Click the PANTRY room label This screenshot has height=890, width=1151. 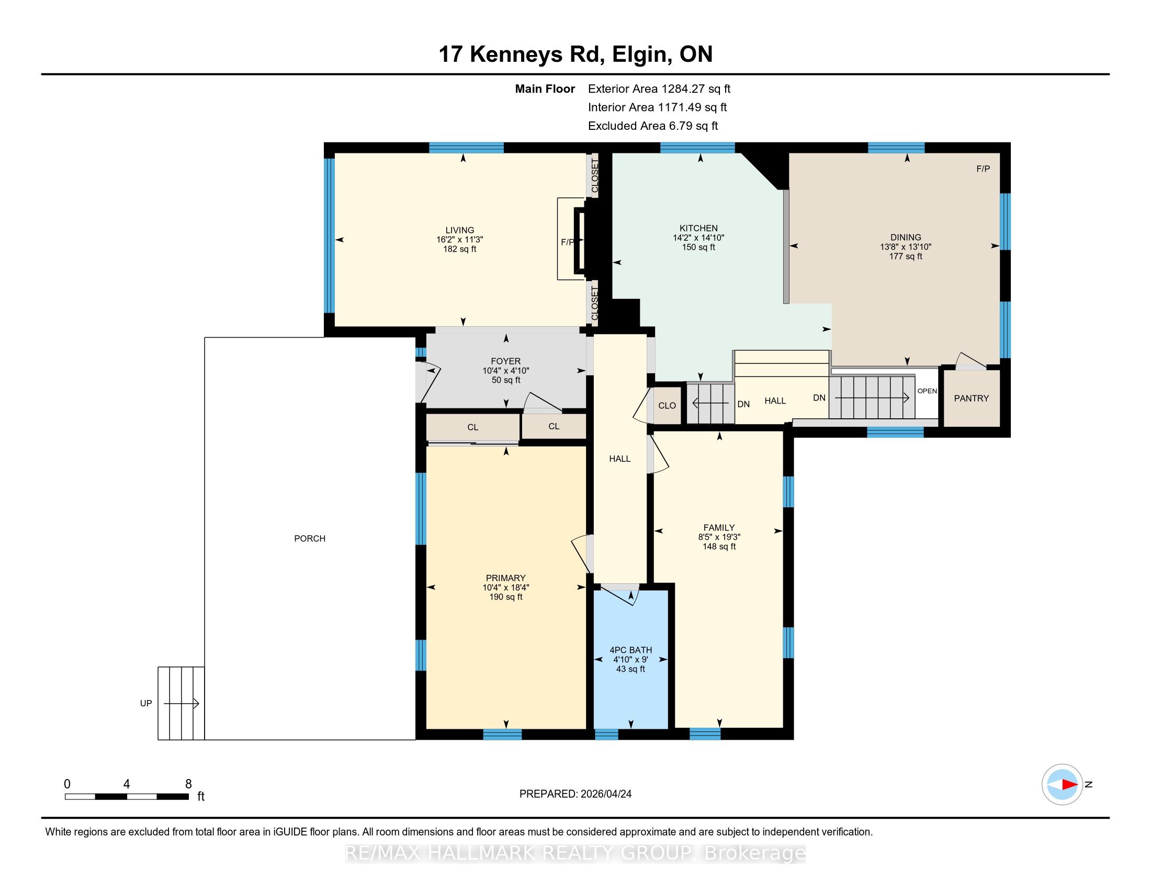click(972, 398)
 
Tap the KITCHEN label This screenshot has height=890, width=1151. click(698, 228)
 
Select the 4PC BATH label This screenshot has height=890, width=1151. click(631, 650)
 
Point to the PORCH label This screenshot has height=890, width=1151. click(310, 538)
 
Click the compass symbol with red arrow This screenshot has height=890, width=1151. click(1062, 785)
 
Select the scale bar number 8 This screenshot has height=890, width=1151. click(188, 784)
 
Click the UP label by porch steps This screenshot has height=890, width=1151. click(146, 703)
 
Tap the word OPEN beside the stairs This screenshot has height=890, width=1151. click(927, 391)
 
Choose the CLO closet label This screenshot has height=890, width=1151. click(667, 405)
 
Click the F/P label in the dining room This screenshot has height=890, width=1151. click(984, 169)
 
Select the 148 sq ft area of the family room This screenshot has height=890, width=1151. click(719, 546)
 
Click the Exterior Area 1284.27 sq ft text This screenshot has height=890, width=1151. click(659, 88)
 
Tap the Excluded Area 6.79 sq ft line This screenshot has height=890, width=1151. click(653, 126)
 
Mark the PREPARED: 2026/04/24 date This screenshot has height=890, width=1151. click(575, 794)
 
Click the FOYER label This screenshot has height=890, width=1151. click(506, 361)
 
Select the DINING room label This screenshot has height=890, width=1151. click(906, 237)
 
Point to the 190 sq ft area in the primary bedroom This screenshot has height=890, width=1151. click(506, 597)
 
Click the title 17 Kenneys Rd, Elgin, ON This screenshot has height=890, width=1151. click(575, 54)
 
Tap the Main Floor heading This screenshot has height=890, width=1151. click(545, 88)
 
